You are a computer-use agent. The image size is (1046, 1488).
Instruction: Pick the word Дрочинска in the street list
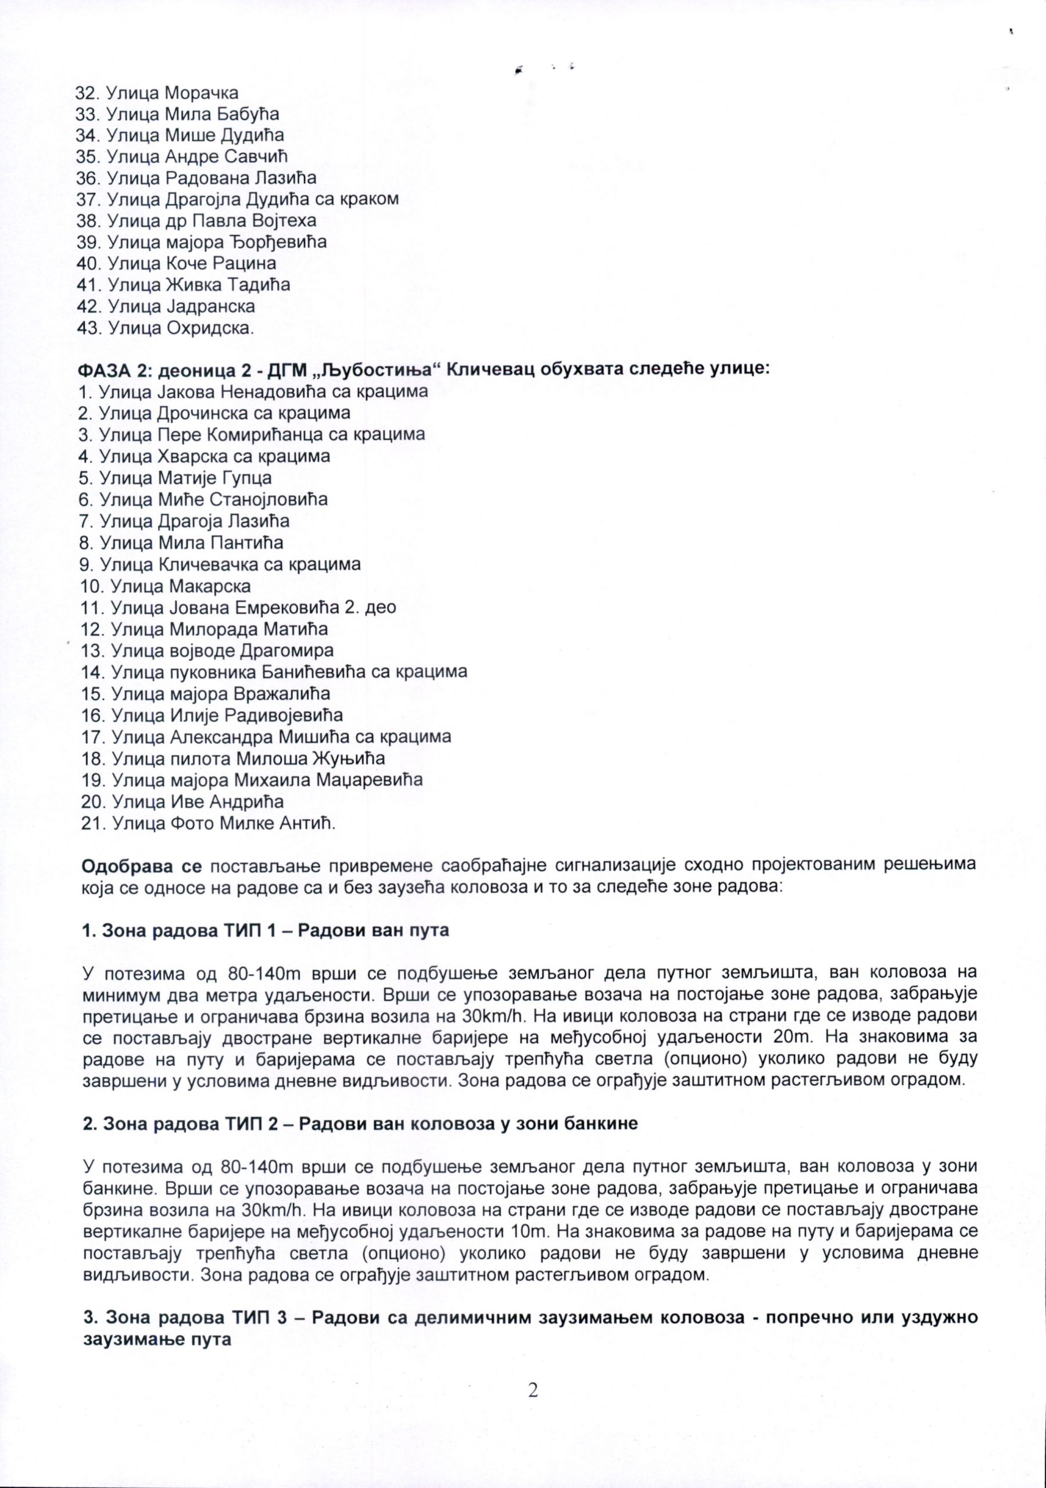coord(198,413)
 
